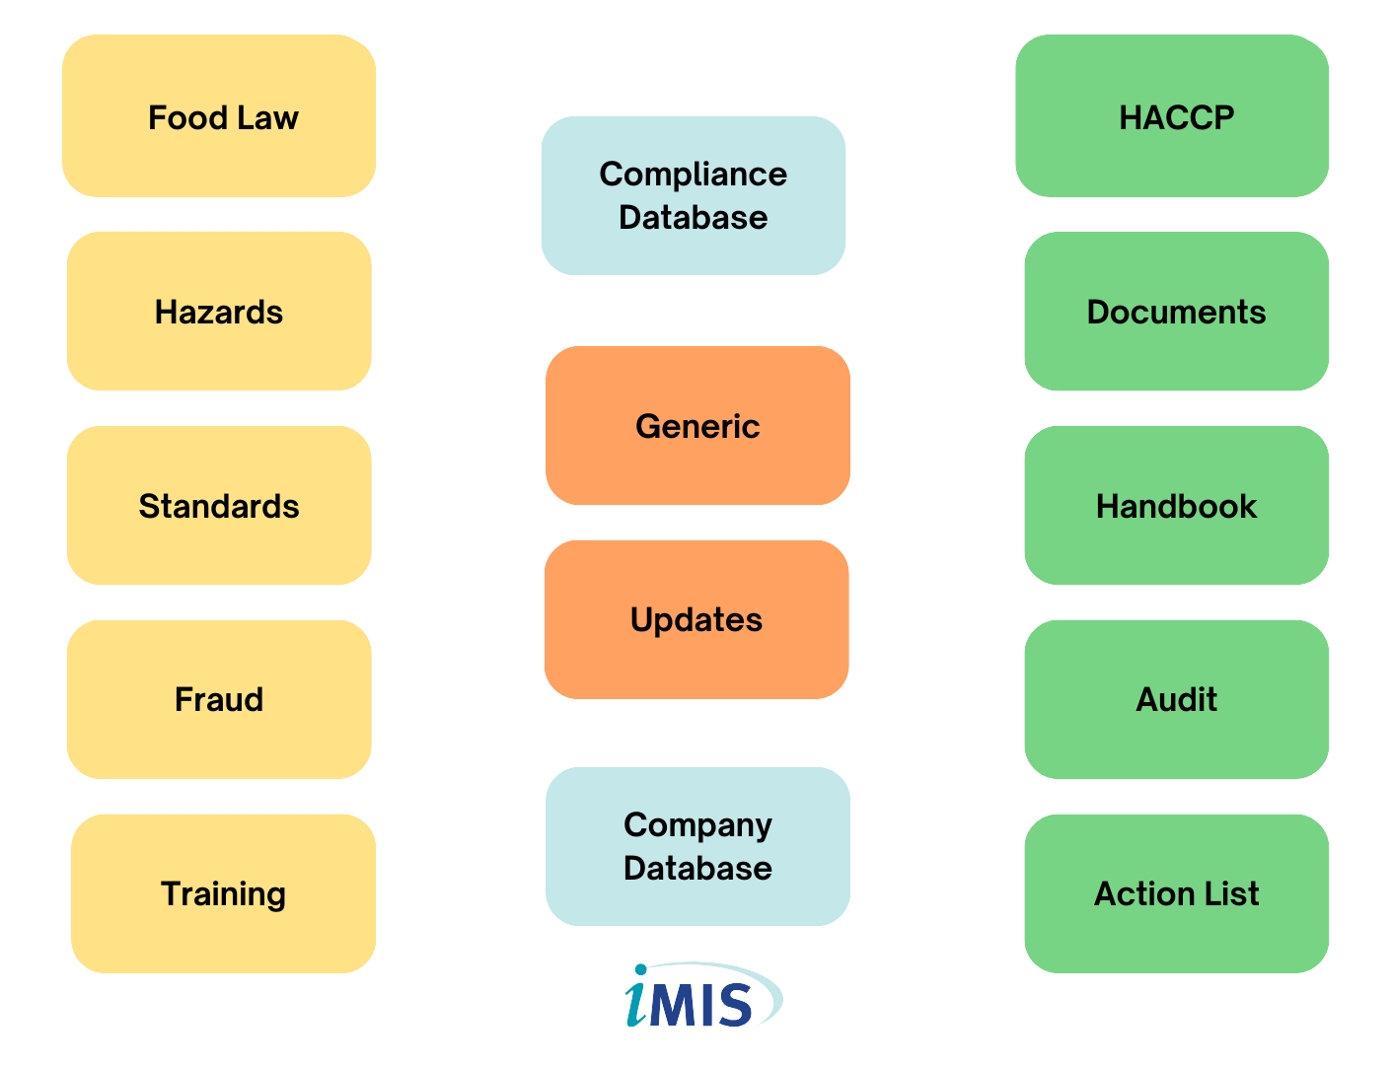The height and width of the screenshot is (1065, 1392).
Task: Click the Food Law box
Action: point(219,116)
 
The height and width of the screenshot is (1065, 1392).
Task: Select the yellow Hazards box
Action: point(219,312)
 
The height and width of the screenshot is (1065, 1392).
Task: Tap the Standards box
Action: point(219,505)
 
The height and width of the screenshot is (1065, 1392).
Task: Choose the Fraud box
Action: point(219,700)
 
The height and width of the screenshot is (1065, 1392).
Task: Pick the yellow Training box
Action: point(223,893)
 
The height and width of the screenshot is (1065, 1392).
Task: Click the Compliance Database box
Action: point(694,196)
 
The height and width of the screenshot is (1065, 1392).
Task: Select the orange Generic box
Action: point(697,425)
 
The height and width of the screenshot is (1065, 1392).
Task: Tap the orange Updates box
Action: point(696,620)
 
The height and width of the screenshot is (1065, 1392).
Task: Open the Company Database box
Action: point(697,847)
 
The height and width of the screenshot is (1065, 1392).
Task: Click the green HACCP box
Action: point(1172,116)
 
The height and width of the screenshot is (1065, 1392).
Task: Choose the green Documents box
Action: point(1176,312)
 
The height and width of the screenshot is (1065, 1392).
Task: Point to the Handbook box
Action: point(1176,505)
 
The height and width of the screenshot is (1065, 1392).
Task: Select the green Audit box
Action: point(1176,700)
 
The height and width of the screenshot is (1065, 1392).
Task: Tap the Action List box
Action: point(1176,893)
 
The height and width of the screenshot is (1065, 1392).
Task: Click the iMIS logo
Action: point(703,995)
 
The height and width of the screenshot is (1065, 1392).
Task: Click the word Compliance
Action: point(694,175)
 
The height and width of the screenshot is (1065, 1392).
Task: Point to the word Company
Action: point(697,826)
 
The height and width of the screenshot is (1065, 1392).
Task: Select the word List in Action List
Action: point(1231,893)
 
